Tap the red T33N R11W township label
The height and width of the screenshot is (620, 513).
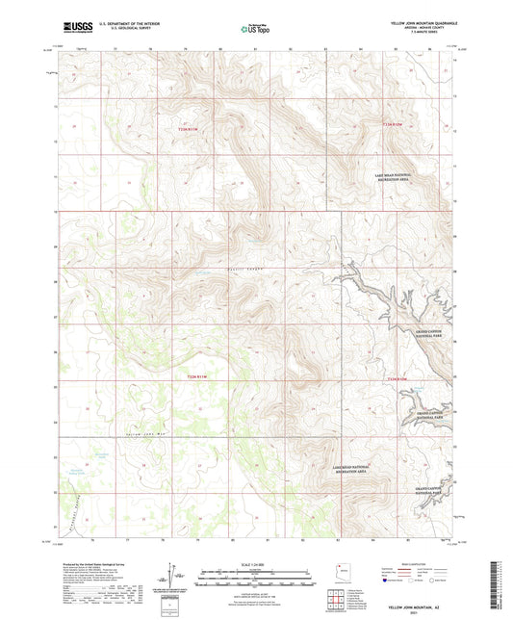pos(192,128)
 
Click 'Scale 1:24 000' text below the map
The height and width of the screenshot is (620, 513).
pos(254,562)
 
